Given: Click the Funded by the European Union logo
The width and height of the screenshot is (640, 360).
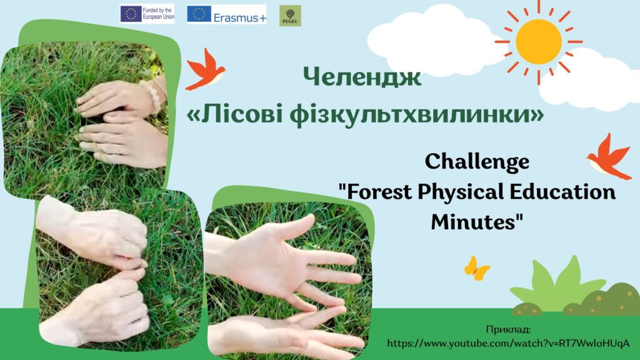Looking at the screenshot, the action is (x=147, y=14).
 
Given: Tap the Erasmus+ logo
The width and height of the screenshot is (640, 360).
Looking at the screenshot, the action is (x=226, y=14).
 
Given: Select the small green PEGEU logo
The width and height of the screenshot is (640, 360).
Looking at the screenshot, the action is (x=290, y=16).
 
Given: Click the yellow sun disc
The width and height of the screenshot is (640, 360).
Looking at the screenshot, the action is (x=539, y=41).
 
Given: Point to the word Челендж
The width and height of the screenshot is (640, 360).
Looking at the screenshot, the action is (x=362, y=76).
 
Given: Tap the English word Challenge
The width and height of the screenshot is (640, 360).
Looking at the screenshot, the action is (x=477, y=162).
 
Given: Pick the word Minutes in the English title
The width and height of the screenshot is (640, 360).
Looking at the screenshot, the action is (x=474, y=222).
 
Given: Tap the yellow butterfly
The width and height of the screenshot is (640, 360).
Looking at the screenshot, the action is (x=476, y=268).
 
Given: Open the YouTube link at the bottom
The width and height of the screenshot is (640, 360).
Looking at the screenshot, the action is (x=508, y=344).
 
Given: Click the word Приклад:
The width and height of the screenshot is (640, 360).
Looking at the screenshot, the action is (x=508, y=329).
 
